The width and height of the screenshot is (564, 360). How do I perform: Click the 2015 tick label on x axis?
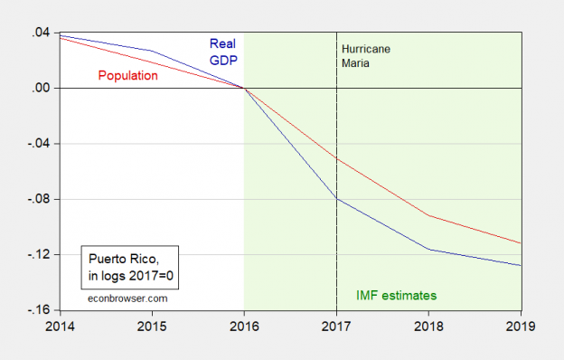[x=149, y=325]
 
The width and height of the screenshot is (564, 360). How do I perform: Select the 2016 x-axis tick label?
[x=244, y=325]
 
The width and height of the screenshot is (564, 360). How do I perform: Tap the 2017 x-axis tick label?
[x=337, y=325]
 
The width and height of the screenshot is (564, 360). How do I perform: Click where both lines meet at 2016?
[x=244, y=88]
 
